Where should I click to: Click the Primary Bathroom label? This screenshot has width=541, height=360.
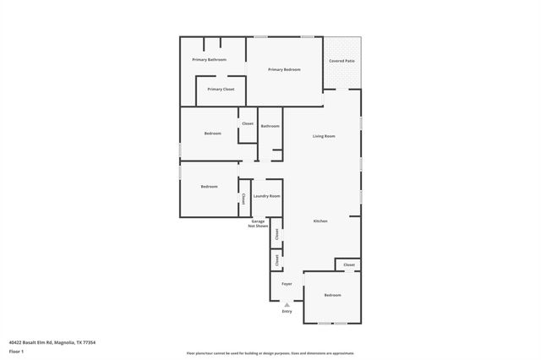209,59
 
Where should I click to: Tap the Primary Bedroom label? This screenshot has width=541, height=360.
284,69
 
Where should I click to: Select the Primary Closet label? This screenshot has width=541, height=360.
221,89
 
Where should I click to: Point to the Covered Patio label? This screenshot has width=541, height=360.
342,61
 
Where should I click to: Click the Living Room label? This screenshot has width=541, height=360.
324,136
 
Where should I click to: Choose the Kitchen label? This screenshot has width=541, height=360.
320,221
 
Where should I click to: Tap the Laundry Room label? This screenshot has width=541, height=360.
266,196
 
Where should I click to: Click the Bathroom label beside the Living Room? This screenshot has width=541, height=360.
270,126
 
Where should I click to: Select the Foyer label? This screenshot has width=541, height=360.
287,284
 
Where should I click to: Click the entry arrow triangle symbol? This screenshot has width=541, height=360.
287,304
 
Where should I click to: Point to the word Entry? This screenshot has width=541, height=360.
287,312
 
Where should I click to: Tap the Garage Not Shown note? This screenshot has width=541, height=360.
258,224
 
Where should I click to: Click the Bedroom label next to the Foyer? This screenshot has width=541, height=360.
332,295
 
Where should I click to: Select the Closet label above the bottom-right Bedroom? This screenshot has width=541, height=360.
349,265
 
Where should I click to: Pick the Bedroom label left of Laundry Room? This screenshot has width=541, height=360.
209,187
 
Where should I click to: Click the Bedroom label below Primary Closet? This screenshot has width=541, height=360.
212,134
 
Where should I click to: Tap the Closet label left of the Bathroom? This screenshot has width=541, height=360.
248,123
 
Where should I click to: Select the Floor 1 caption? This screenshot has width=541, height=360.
16,351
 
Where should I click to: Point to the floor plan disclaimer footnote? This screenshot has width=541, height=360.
270,353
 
